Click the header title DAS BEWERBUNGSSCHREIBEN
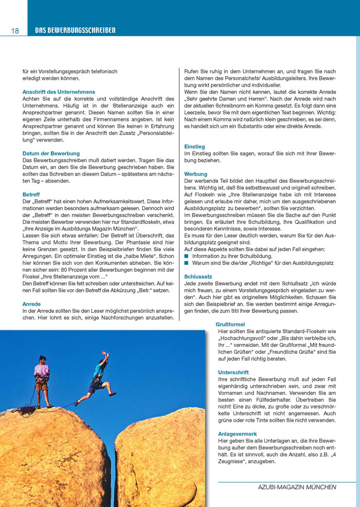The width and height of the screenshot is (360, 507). coord(75,31)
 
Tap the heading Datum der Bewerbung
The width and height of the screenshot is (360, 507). coord(51,153)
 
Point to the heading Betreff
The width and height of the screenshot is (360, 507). coord(31,195)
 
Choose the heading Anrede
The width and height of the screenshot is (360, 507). coord(31,304)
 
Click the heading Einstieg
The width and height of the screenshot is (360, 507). coord(194,147)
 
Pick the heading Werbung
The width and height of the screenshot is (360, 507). coord(195,174)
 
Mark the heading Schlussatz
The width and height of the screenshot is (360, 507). coord(198,276)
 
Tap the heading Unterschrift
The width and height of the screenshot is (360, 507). coord(233,372)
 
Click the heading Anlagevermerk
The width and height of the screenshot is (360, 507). coord(238,434)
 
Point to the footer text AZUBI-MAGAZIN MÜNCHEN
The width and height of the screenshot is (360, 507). coord(297,487)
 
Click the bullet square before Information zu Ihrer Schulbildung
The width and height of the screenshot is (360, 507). coord(187,256)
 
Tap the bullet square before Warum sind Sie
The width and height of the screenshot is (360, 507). coord(187,263)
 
